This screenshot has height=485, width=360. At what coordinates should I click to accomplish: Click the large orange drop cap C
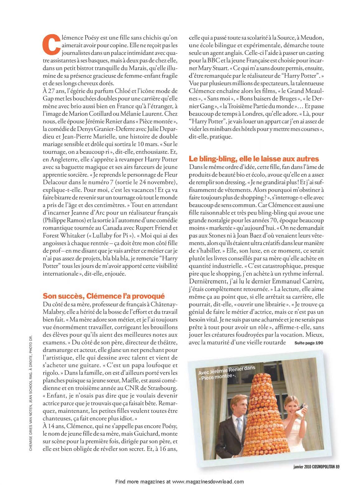pos(50,43)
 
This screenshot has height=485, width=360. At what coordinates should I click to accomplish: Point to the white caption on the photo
pos(226,372)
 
